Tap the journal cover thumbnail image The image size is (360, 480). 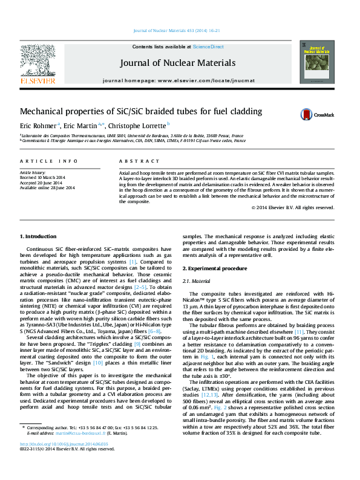(x=312, y=62)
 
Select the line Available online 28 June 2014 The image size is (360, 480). (x=47, y=188)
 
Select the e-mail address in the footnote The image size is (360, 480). (x=80, y=450)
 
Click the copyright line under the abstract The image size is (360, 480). (x=293, y=207)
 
